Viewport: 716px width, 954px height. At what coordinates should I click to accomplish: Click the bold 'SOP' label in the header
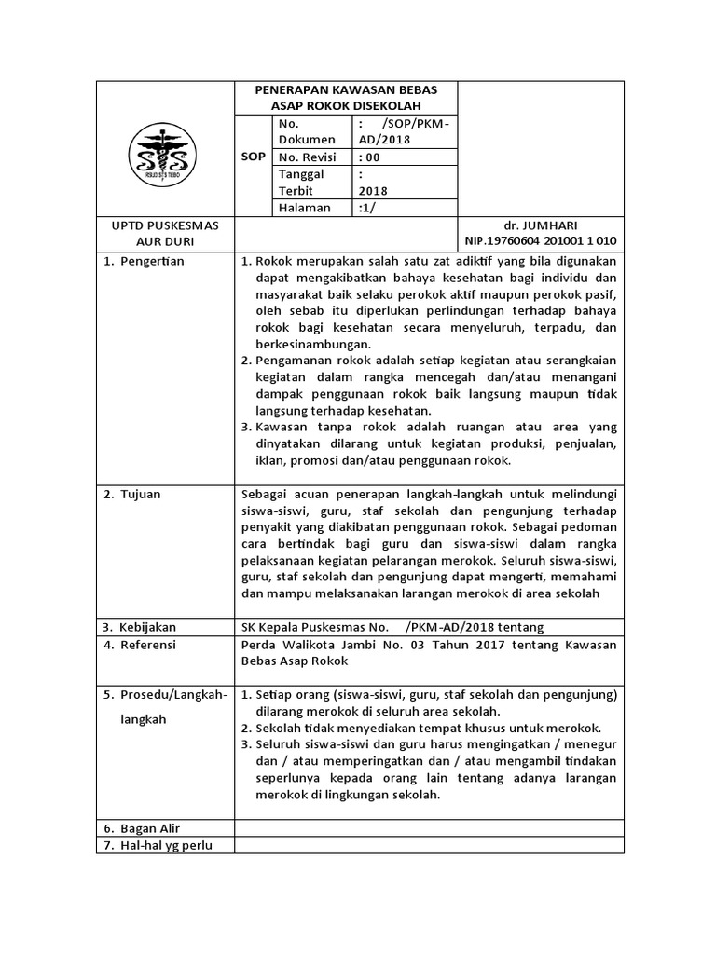(x=252, y=157)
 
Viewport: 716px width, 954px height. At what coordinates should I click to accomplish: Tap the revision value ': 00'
(x=368, y=157)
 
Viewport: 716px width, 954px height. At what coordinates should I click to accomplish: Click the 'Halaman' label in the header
(x=305, y=208)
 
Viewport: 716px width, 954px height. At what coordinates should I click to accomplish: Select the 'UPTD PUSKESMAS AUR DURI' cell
(x=165, y=233)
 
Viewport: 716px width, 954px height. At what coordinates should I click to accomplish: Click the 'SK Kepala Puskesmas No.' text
(x=313, y=627)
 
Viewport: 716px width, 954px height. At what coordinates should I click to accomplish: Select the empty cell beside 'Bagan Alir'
(x=429, y=828)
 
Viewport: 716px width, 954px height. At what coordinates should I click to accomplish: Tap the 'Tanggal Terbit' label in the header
(x=303, y=183)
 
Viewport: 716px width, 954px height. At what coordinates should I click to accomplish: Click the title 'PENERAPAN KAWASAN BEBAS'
(x=345, y=90)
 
